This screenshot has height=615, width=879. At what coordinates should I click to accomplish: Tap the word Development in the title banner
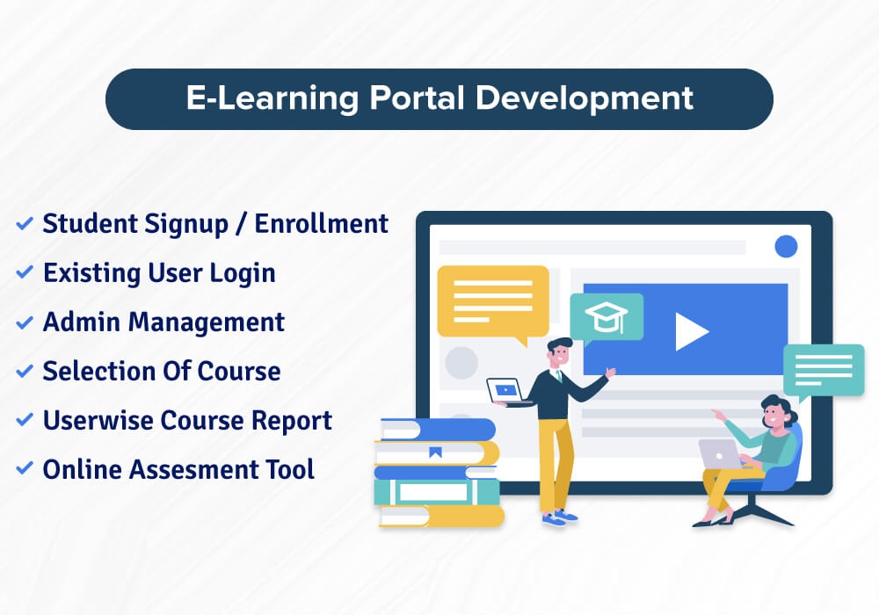[x=585, y=98]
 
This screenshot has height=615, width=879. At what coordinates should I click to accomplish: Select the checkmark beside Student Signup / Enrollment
[x=25, y=224]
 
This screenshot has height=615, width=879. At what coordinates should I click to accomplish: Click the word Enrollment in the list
[x=322, y=224]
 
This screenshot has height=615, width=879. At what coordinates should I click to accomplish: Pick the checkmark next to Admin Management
[x=25, y=322]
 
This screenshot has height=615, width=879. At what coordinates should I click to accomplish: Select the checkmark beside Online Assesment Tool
[x=25, y=470]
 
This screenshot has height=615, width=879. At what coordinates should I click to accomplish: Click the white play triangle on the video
[x=691, y=331]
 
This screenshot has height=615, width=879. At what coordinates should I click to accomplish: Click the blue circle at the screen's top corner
[x=785, y=246]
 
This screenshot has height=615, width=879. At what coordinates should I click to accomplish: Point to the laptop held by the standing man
[x=509, y=390]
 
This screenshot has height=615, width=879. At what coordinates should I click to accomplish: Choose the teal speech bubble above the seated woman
[x=823, y=368]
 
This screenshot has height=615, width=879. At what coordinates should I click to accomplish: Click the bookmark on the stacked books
[x=435, y=452]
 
